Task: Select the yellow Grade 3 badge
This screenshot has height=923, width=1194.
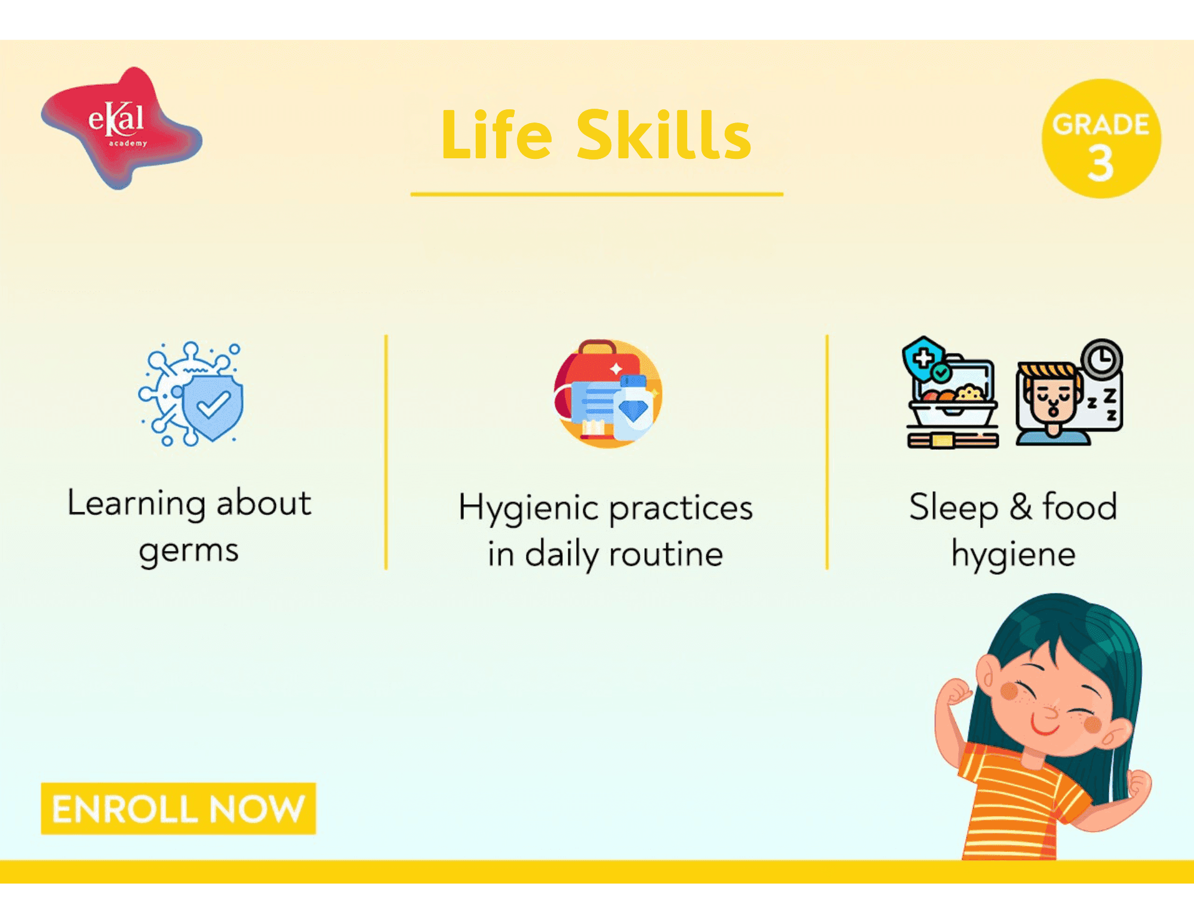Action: [x=1101, y=139]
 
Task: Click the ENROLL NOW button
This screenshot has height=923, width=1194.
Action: [x=178, y=808]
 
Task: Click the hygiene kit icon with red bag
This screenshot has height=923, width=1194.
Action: [x=608, y=394]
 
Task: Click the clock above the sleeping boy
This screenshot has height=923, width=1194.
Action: [x=1102, y=359]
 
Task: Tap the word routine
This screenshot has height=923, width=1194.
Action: [x=666, y=554]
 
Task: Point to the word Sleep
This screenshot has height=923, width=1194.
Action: [x=953, y=508]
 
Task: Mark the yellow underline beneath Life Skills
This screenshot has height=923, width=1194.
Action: [x=597, y=194]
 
